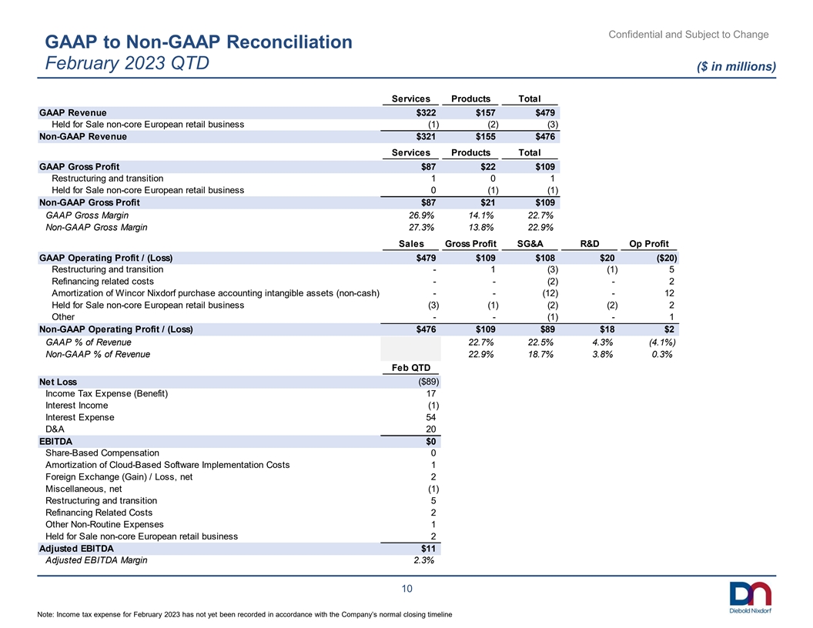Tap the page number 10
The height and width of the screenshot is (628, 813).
407,589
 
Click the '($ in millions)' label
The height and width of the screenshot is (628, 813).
736,66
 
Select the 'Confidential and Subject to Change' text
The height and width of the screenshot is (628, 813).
688,34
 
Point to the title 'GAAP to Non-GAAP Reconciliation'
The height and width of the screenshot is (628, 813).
199,42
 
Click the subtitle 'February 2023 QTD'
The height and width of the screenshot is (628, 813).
127,62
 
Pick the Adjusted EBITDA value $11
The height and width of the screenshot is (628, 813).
428,548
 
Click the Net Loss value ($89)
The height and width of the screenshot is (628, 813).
429,382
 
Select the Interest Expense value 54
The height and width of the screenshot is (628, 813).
431,417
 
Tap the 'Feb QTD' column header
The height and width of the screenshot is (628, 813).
411,367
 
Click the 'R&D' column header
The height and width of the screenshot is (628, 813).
590,243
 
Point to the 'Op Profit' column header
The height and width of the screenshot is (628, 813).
649,243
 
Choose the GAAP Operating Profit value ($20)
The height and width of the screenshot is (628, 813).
666,258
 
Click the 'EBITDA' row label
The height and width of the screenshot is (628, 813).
55,442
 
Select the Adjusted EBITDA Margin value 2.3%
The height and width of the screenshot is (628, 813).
424,560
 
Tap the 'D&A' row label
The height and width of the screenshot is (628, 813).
55,429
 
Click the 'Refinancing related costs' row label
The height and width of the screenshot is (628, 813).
102,282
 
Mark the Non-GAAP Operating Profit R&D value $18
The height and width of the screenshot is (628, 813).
607,329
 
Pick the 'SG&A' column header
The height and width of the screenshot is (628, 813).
530,243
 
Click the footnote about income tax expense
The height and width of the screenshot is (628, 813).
245,614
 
